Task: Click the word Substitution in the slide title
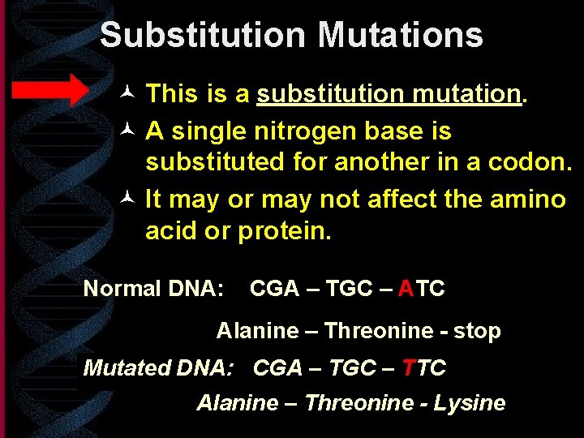(203, 36)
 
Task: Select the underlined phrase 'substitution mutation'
(389, 94)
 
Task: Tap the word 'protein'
(284, 231)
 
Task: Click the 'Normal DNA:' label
(153, 289)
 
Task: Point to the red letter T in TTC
(410, 367)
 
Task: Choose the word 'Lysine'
(470, 403)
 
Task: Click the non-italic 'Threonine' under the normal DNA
(379, 331)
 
